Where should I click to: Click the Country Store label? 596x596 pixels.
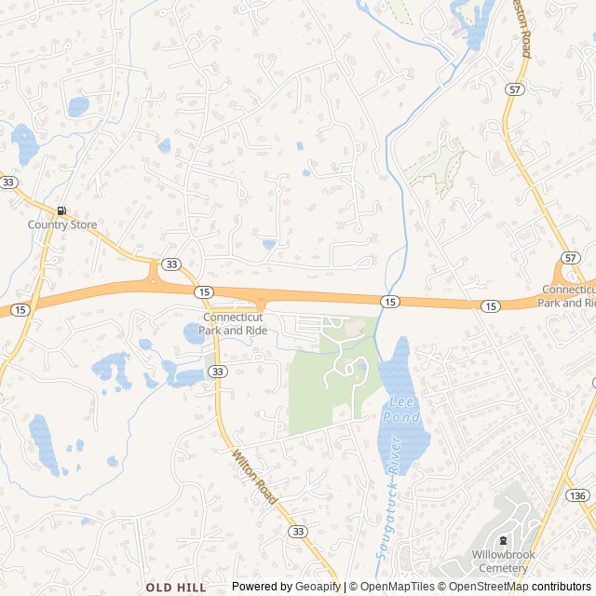point(62,225)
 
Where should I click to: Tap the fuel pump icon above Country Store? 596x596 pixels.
point(61,211)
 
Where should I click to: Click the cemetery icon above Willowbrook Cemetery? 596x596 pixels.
point(504,541)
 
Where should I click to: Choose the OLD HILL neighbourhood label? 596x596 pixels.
point(176,588)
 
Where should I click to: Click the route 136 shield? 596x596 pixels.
point(578,495)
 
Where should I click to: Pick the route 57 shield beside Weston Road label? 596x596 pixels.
point(515,88)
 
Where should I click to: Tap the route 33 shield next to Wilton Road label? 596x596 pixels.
point(297,531)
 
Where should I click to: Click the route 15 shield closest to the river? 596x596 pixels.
point(389,301)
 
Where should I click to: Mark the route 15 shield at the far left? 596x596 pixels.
point(20,308)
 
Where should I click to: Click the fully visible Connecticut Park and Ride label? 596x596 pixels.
point(232,323)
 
